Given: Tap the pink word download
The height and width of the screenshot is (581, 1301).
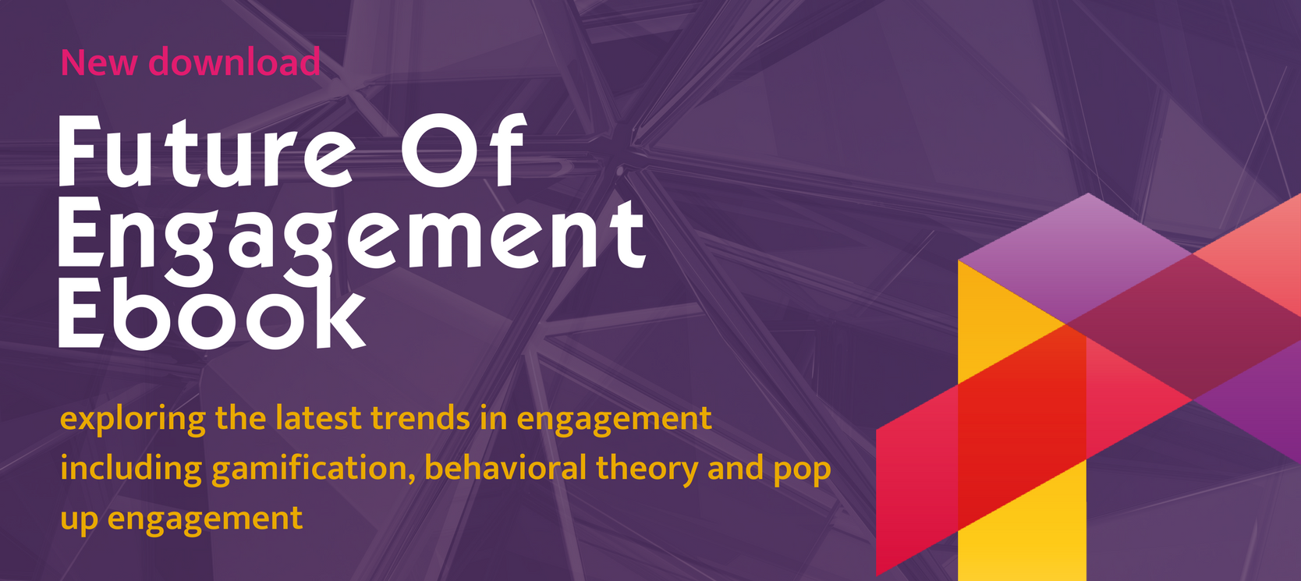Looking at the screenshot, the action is pyautogui.click(x=234, y=61).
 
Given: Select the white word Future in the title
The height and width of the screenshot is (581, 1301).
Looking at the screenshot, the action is pyautogui.click(x=206, y=151).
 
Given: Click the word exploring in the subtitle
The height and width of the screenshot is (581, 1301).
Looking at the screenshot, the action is pyautogui.click(x=133, y=420).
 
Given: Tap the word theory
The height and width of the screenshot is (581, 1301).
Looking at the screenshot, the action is pyautogui.click(x=647, y=469).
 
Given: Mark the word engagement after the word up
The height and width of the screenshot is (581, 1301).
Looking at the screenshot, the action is pyautogui.click(x=205, y=519).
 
